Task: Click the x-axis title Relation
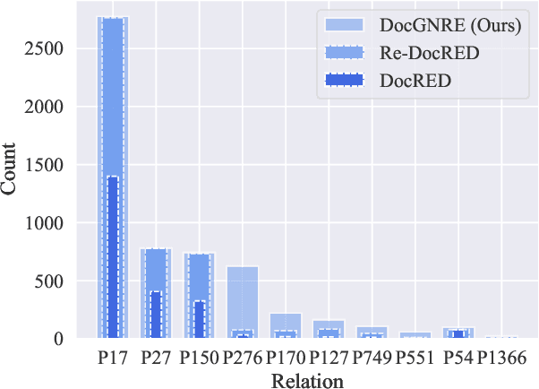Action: [x=307, y=381]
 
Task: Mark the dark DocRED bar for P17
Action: [x=113, y=260]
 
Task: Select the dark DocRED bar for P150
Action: [x=199, y=320]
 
